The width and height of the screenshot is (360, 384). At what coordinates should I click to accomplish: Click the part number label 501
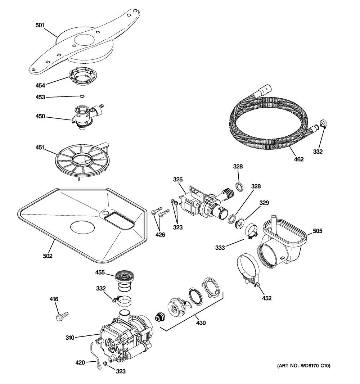[x=40, y=25]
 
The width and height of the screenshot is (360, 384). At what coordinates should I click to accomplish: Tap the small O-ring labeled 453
[x=82, y=96]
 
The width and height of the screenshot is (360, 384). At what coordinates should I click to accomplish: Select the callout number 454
[x=40, y=85]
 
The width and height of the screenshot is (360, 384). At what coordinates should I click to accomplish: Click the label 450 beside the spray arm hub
[x=40, y=116]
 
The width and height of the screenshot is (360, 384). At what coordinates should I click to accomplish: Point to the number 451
[x=40, y=148]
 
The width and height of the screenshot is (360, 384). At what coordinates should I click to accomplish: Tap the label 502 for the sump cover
[x=48, y=256]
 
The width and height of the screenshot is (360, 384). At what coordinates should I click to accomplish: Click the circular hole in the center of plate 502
[x=82, y=227]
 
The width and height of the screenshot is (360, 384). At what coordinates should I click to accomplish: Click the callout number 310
[x=70, y=338]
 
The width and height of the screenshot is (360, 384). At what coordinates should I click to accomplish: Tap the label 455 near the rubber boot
[x=100, y=272]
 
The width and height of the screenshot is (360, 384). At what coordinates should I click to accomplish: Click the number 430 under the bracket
[x=201, y=323]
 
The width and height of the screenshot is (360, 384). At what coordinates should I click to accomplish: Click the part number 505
[x=318, y=231]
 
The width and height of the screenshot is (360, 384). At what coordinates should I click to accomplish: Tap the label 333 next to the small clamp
[x=220, y=248]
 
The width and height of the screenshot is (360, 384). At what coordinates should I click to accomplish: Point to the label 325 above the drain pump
[x=178, y=180]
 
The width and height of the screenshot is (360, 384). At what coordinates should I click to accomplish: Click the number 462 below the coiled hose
[x=298, y=159]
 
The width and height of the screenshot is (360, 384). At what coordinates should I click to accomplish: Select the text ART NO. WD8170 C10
[x=304, y=366]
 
